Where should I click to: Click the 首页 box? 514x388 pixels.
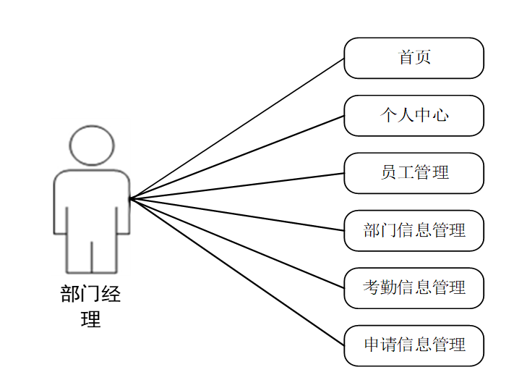pyautogui.click(x=414, y=58)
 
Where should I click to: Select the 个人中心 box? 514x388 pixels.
pyautogui.click(x=414, y=115)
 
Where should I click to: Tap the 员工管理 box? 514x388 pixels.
pyautogui.click(x=414, y=172)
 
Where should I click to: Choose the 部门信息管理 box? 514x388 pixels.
pyautogui.click(x=414, y=230)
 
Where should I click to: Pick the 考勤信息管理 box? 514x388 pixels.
pyautogui.click(x=414, y=287)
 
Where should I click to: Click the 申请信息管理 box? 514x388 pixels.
pyautogui.click(x=414, y=345)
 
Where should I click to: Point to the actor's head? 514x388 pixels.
pyautogui.click(x=92, y=145)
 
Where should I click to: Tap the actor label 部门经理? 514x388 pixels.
pyautogui.click(x=91, y=306)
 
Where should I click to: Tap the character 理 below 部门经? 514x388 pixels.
pyautogui.click(x=91, y=319)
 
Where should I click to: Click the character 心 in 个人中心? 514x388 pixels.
pyautogui.click(x=440, y=115)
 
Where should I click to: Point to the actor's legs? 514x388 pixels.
pyautogui.click(x=92, y=250)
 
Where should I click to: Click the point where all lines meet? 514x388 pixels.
pyautogui.click(x=130, y=198)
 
